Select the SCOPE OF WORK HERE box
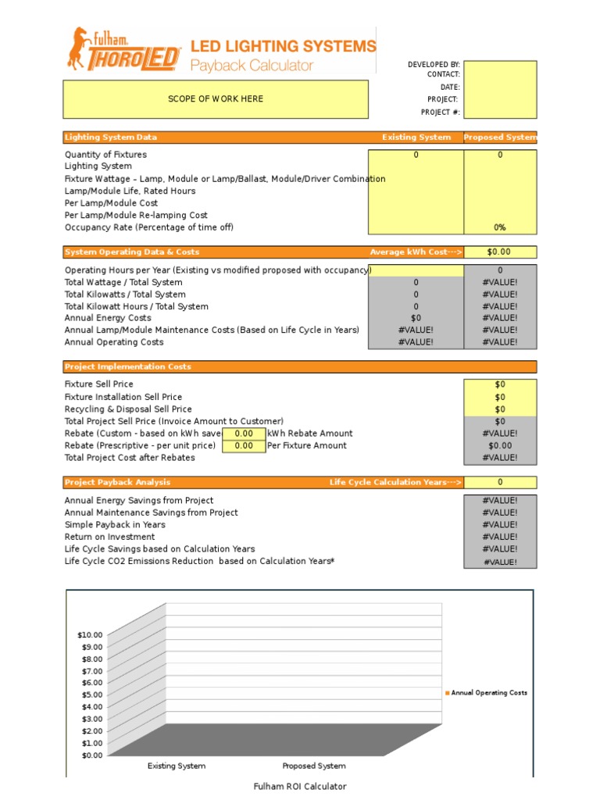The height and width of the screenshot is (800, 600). click(x=216, y=99)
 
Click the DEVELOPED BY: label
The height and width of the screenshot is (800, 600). click(x=434, y=64)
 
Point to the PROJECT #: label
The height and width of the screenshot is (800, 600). click(x=441, y=112)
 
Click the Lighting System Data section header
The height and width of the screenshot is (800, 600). click(x=111, y=137)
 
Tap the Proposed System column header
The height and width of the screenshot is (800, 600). click(x=500, y=137)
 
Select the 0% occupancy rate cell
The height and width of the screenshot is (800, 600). click(x=500, y=227)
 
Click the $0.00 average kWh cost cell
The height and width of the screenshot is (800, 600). click(x=500, y=252)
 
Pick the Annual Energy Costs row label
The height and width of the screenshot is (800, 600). click(x=108, y=318)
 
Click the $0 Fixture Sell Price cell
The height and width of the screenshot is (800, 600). click(x=500, y=384)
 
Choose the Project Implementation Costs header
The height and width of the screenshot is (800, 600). click(x=128, y=366)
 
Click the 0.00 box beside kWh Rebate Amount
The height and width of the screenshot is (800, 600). click(x=244, y=434)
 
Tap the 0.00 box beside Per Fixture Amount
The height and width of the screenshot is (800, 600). click(x=244, y=446)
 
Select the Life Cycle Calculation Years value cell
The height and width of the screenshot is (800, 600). click(x=500, y=482)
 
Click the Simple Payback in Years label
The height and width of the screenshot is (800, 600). click(x=115, y=525)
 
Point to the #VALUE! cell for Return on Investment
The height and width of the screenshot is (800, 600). click(x=500, y=537)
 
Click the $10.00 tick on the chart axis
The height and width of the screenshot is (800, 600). click(x=90, y=635)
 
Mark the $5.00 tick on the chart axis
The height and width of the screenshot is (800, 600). click(x=91, y=695)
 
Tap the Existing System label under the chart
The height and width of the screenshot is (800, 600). click(x=177, y=766)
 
